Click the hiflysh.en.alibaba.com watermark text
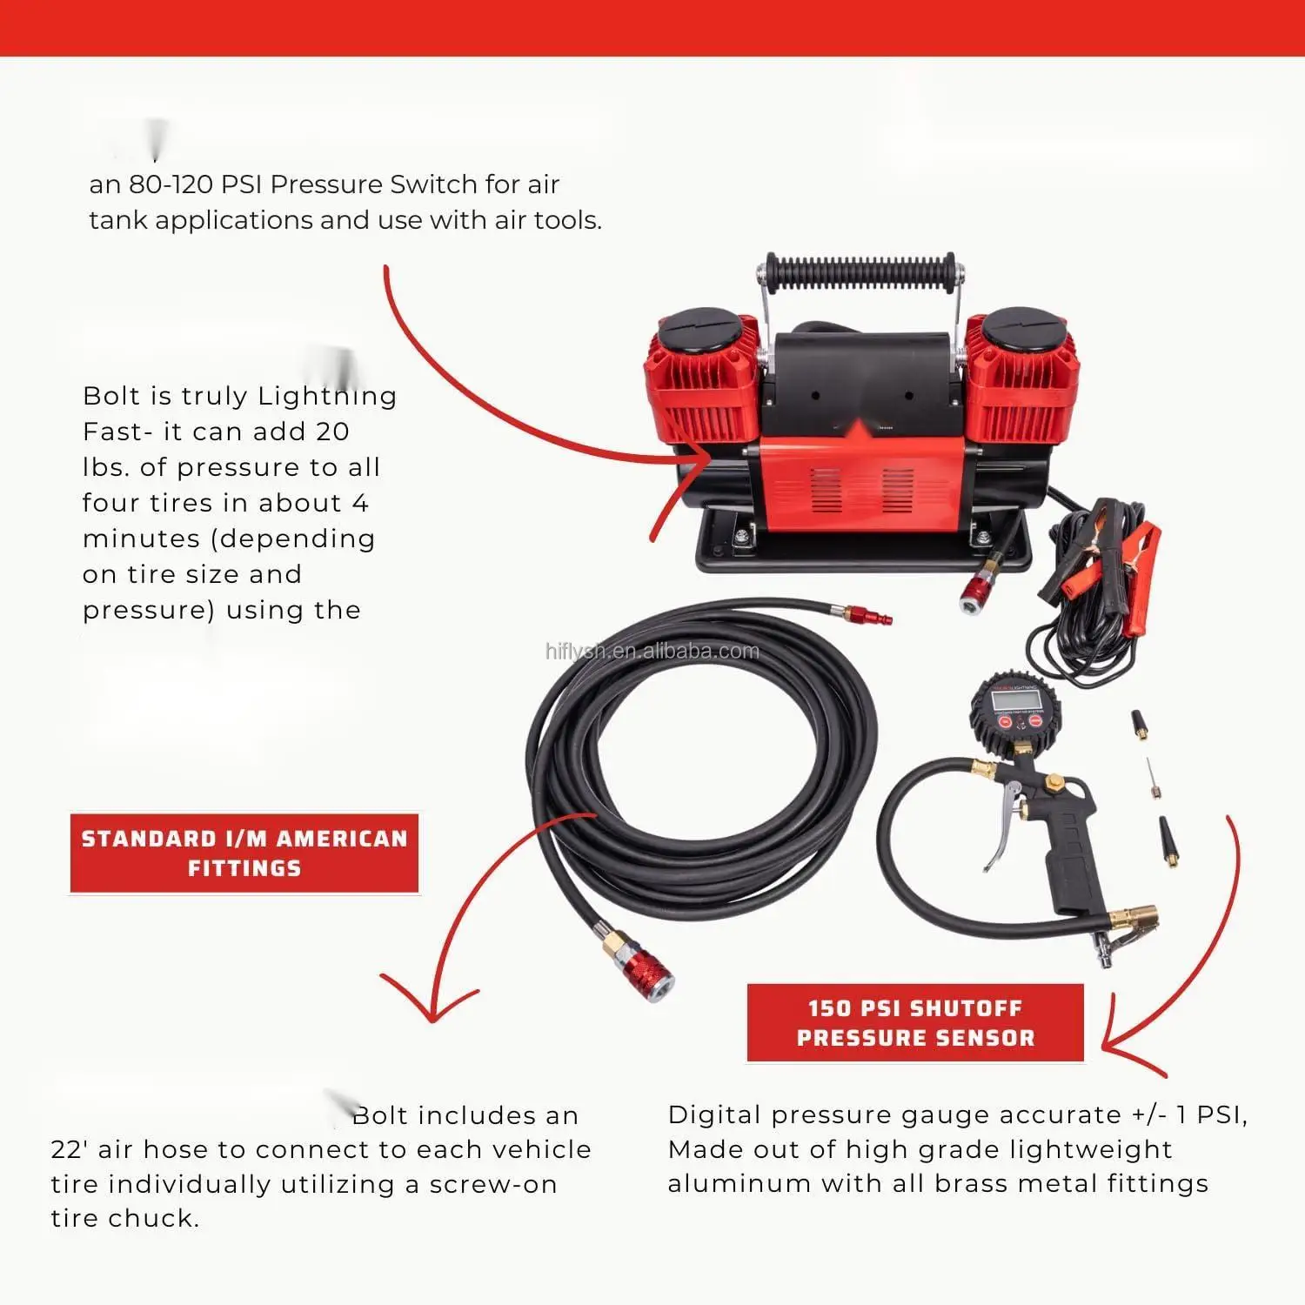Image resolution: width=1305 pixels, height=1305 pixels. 652,652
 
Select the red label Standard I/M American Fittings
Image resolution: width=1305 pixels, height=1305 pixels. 244,853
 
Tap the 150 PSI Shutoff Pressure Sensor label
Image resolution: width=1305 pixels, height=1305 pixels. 915,1023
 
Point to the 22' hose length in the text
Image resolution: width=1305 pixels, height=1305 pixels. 70,1149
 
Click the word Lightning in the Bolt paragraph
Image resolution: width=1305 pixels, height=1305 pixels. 327,397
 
